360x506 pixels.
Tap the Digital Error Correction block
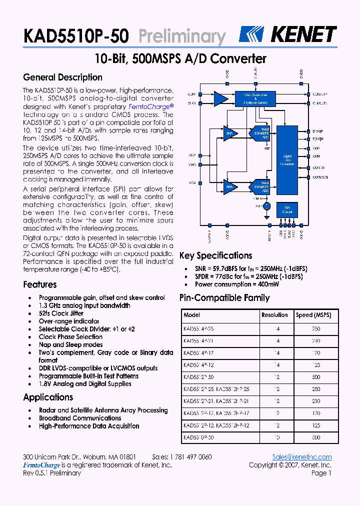pos(287,160)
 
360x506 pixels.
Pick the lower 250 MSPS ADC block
pos(263,187)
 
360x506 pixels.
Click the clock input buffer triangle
pos(220,98)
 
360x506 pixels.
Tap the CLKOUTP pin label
pos(319,94)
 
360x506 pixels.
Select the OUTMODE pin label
pos(320,177)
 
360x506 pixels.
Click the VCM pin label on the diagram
pos(192,182)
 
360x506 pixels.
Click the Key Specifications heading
pos(215,255)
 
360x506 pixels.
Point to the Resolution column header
pos(274,315)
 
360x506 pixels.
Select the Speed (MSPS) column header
pos(313,315)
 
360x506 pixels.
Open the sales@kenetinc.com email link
pos(301,457)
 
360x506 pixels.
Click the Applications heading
pos(48,397)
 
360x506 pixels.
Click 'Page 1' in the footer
pos(321,473)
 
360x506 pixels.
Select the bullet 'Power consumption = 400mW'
pos(236,284)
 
